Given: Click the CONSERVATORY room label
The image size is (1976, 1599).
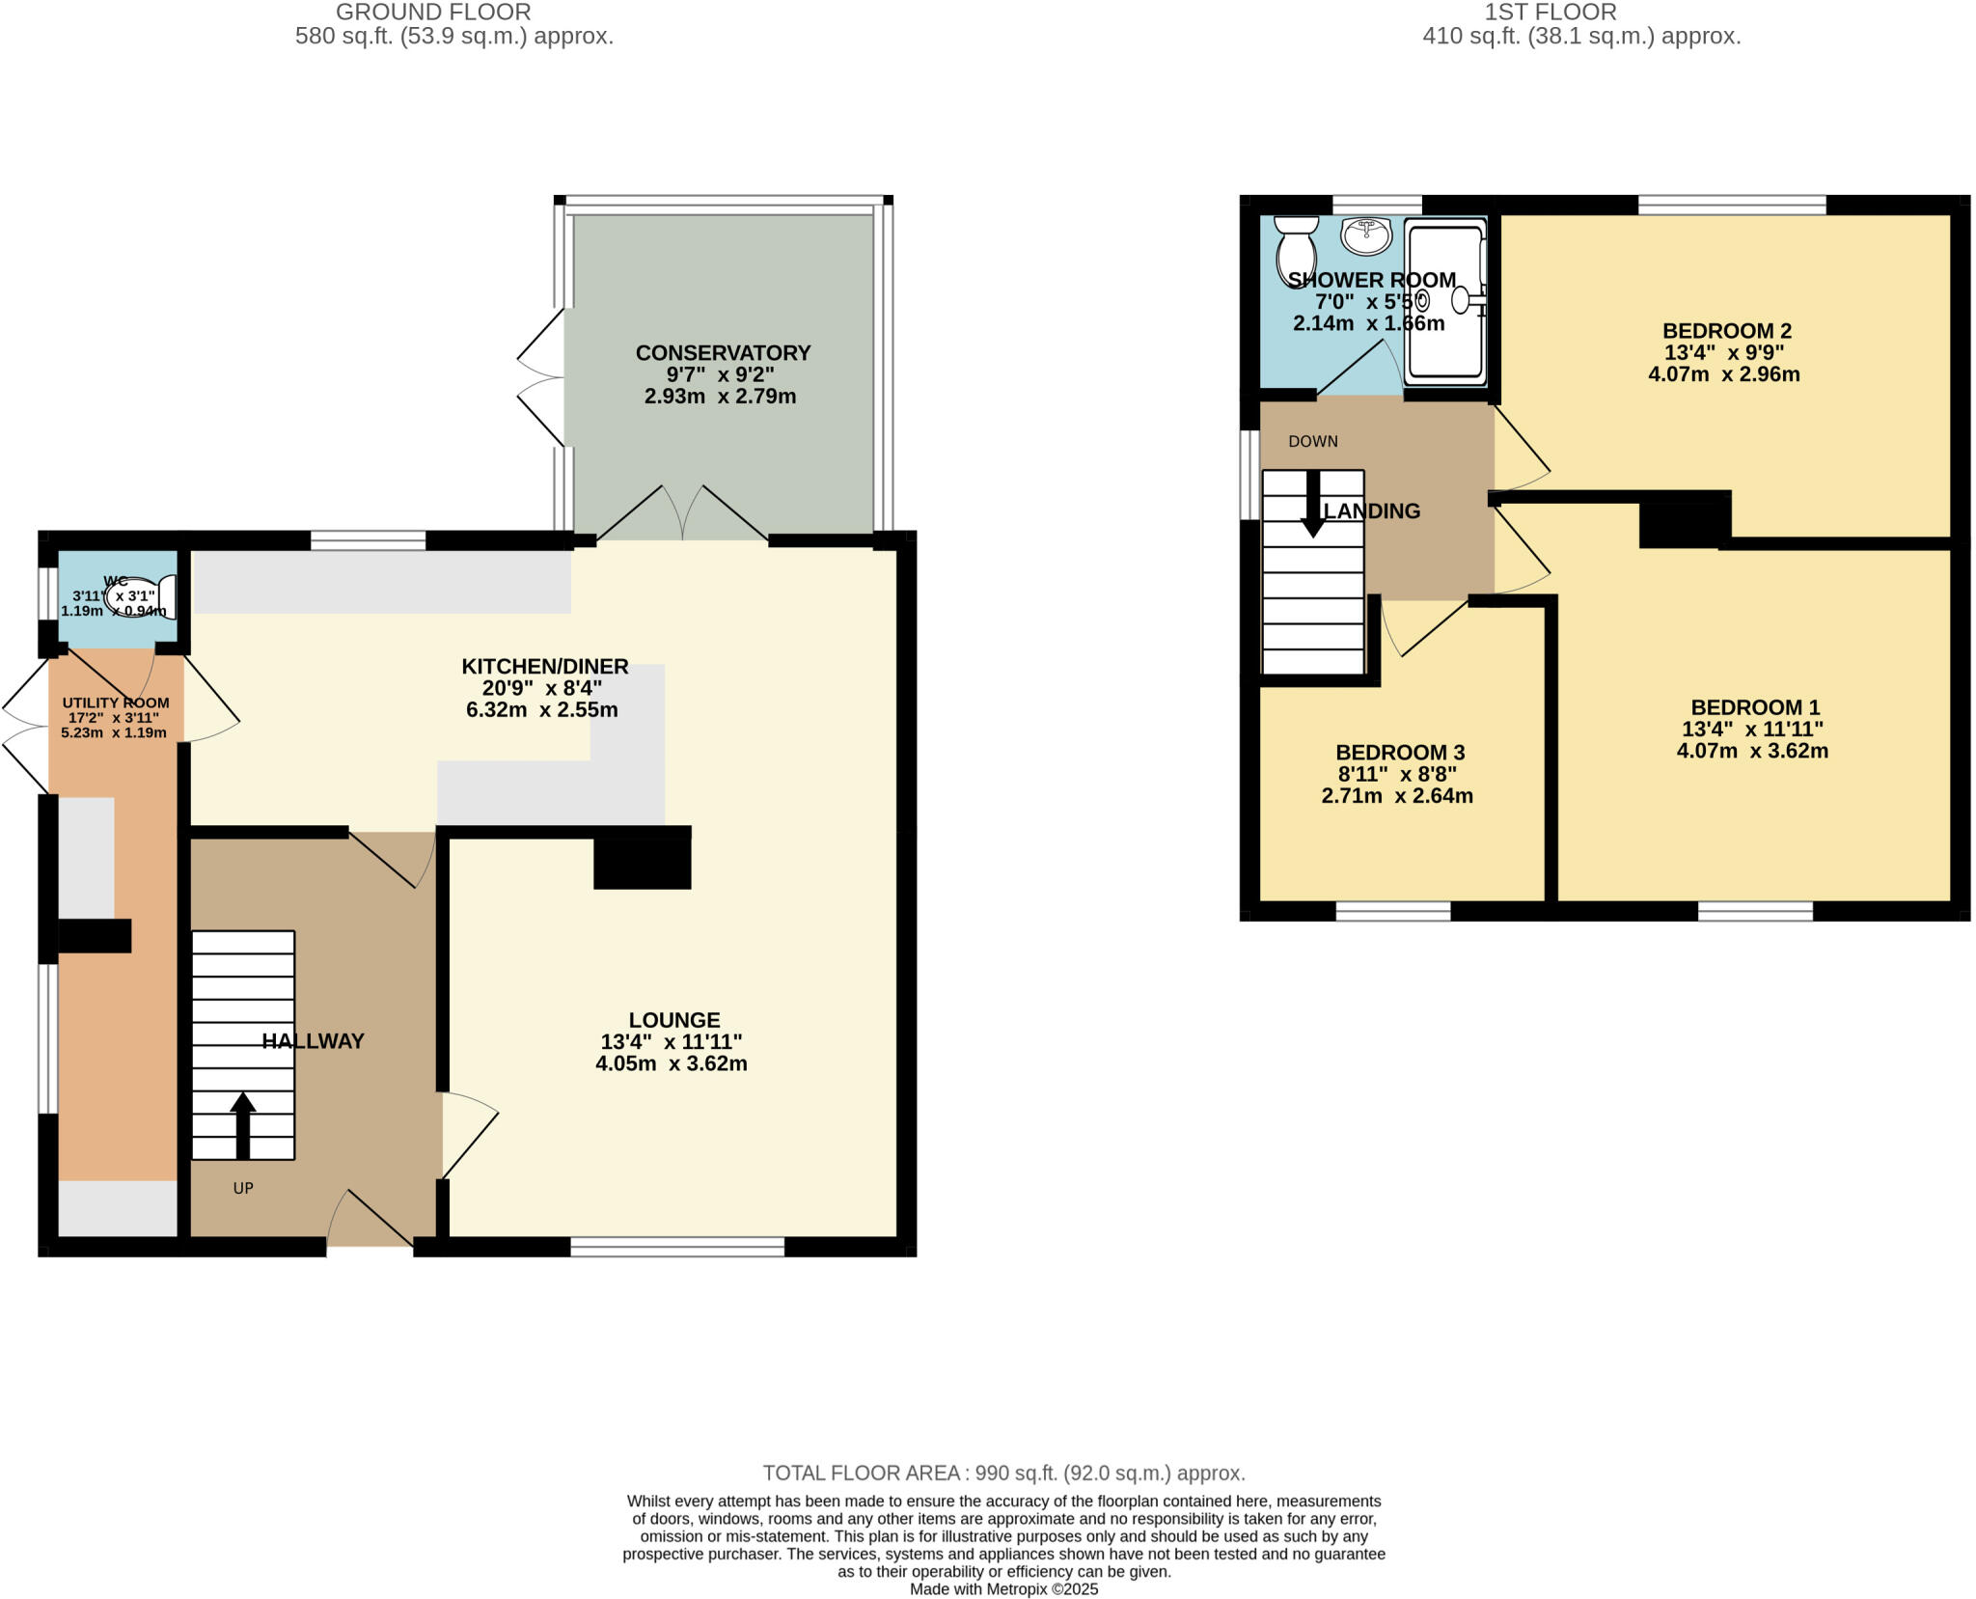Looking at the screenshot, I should pyautogui.click(x=723, y=353).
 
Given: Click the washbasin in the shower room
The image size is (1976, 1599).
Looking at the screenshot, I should pyautogui.click(x=1366, y=234).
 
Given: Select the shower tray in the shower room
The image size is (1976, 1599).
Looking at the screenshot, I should pyautogui.click(x=1444, y=301).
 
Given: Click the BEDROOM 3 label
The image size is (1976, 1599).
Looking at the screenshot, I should pyautogui.click(x=1399, y=753).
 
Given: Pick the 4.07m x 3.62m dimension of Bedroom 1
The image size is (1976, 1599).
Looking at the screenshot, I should pyautogui.click(x=1752, y=751).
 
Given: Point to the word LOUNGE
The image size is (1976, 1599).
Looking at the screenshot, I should pyautogui.click(x=674, y=1020).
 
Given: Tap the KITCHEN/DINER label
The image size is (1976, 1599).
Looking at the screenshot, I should pyautogui.click(x=544, y=666).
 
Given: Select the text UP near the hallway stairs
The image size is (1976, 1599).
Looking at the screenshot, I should pyautogui.click(x=243, y=1188).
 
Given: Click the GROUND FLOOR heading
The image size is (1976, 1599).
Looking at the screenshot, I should pyautogui.click(x=433, y=13).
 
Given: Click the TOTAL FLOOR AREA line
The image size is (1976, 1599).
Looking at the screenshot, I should pyautogui.click(x=1003, y=1473).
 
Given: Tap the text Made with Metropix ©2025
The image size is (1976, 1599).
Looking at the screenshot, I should pyautogui.click(x=1003, y=1589).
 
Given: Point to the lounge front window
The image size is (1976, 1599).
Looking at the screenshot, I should pyautogui.click(x=677, y=1248).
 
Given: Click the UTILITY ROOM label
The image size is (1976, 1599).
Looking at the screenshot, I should pyautogui.click(x=116, y=703).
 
